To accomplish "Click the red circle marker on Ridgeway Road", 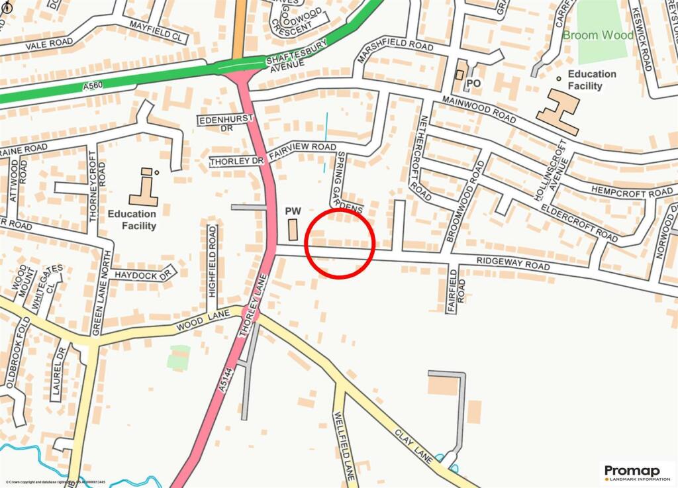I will click(340, 242).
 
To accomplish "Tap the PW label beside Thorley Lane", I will click(293, 211).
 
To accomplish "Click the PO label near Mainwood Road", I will click(472, 83).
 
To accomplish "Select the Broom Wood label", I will click(598, 34).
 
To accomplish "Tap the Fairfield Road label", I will click(452, 289).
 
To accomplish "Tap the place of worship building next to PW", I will click(293, 230).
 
